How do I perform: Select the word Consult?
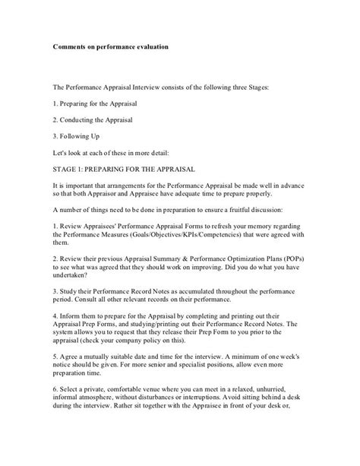[87, 312]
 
